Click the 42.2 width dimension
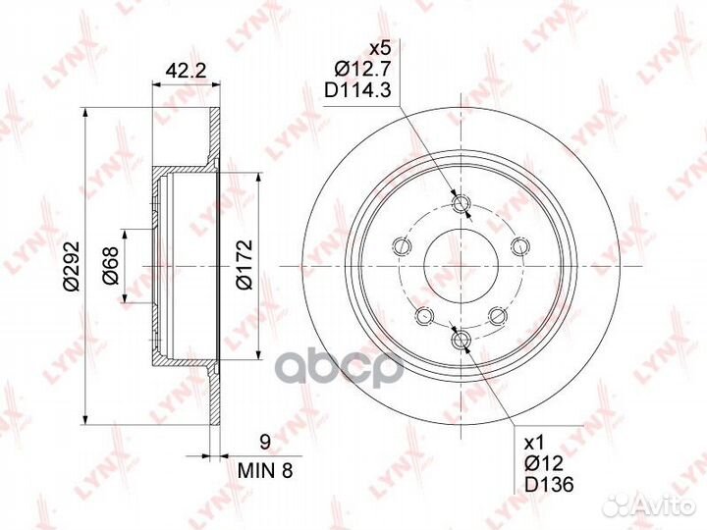[x=178, y=70]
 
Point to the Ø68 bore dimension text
[x=111, y=266]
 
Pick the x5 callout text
[x=377, y=47]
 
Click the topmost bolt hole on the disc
[x=463, y=204]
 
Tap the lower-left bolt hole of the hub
[x=425, y=315]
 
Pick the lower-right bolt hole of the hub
[x=499, y=314]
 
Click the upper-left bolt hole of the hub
[x=402, y=245]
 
